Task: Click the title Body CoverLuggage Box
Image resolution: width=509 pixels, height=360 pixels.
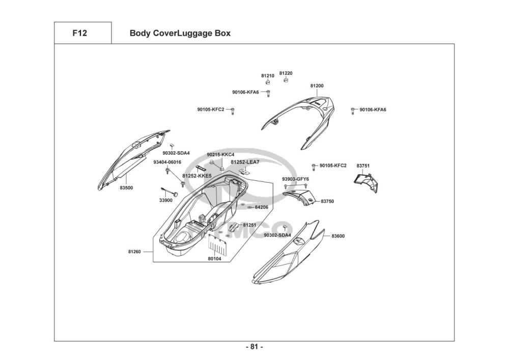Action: point(180,34)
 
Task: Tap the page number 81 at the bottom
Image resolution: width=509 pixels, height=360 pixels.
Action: point(254,347)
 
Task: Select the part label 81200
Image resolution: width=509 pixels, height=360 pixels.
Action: point(317,86)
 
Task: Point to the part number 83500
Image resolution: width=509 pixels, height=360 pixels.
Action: point(126,188)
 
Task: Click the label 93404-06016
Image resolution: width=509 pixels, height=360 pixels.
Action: point(167,162)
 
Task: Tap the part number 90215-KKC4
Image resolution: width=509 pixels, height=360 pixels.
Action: point(220,154)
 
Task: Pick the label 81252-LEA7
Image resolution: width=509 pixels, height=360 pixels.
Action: point(245,162)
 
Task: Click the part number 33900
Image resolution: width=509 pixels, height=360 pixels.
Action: point(166,200)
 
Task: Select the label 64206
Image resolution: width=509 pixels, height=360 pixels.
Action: point(261,207)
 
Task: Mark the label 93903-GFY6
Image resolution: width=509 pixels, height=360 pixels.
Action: point(295,179)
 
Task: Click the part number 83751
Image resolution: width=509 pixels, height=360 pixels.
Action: point(363,166)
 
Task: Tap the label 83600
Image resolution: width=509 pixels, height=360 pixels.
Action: point(338,236)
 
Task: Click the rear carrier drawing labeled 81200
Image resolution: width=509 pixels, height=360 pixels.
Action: point(305,120)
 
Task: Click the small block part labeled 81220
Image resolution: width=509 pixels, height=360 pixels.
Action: point(286,80)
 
